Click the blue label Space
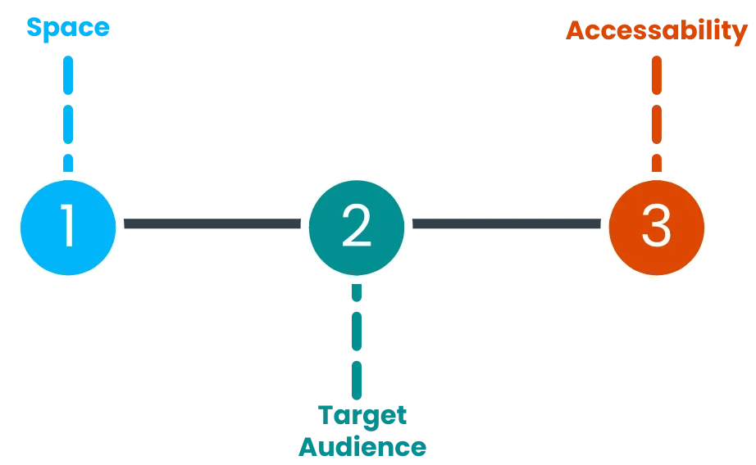pyautogui.click(x=68, y=28)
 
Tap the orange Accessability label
pyautogui.click(x=656, y=31)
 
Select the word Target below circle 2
pyautogui.click(x=362, y=414)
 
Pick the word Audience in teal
pyautogui.click(x=362, y=446)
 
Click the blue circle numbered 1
pyautogui.click(x=68, y=226)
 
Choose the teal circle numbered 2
pyautogui.click(x=356, y=227)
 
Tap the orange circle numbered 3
pyautogui.click(x=656, y=227)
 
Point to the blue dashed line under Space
pyautogui.click(x=68, y=111)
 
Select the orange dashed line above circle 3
pyautogui.click(x=656, y=111)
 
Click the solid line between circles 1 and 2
pyautogui.click(x=212, y=223)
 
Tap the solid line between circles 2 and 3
pyautogui.click(x=506, y=223)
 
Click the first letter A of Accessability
pyautogui.click(x=575, y=31)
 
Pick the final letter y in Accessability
pyautogui.click(x=740, y=33)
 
